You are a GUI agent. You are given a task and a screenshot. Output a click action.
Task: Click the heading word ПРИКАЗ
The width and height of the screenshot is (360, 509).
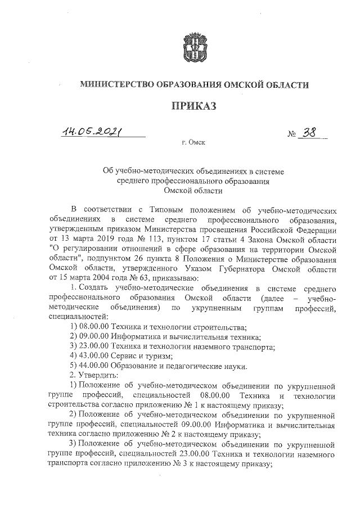click(x=194, y=106)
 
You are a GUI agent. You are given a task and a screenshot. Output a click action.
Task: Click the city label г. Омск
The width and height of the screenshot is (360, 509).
click(x=193, y=143)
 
